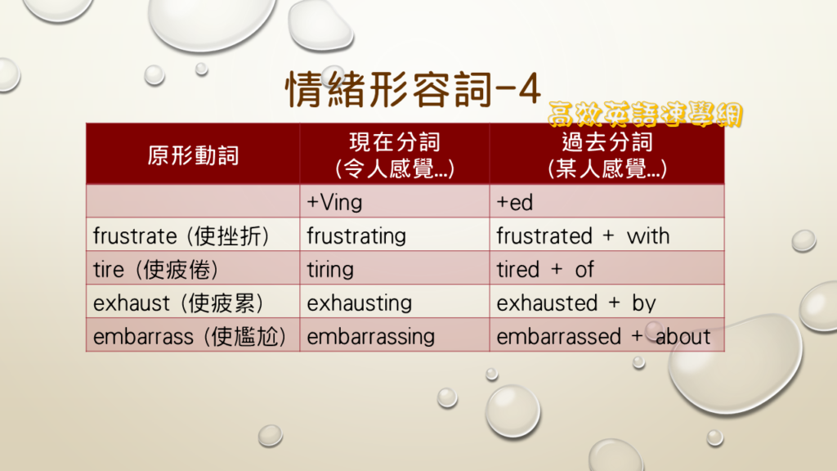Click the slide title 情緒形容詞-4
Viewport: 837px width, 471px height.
(414, 90)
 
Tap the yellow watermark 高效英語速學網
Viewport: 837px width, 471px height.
(646, 114)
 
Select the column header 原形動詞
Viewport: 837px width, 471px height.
(193, 155)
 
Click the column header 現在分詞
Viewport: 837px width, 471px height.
(395, 142)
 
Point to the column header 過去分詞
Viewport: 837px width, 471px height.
(607, 142)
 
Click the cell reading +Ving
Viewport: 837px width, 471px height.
(334, 203)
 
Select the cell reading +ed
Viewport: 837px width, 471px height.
(515, 203)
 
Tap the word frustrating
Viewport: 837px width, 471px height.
(356, 236)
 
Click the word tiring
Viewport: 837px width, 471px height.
(330, 270)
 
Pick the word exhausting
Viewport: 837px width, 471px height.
(360, 303)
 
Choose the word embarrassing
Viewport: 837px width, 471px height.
(371, 337)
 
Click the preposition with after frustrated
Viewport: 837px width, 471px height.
(648, 236)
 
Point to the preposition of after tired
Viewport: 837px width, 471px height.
(584, 270)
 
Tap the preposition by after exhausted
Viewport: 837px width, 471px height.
(644, 303)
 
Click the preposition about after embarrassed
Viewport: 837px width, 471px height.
(683, 337)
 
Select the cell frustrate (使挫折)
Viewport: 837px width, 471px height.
(181, 236)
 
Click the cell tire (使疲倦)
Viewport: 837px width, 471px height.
(155, 270)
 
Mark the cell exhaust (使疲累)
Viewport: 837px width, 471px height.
(178, 303)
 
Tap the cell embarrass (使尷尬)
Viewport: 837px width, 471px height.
(190, 337)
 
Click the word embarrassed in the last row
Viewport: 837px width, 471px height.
(559, 337)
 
